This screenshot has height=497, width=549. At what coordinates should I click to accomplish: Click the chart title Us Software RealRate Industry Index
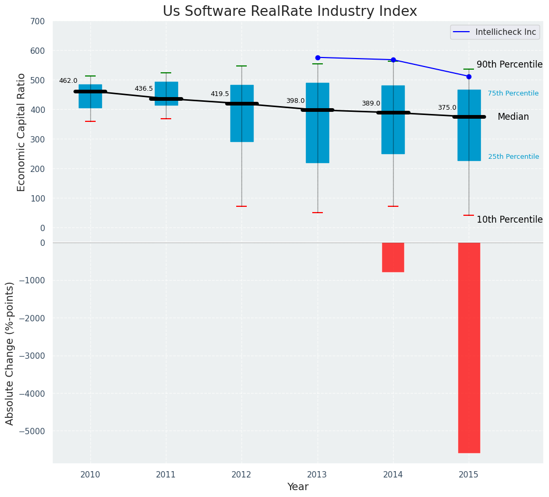(x=290, y=12)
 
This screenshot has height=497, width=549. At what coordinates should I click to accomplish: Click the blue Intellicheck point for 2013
(x=318, y=58)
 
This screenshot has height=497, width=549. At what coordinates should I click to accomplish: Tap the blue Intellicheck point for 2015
(x=469, y=77)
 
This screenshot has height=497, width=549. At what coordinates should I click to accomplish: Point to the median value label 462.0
(x=68, y=81)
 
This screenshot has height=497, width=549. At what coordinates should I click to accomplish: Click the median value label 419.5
(x=220, y=94)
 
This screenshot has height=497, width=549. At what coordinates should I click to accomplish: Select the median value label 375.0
(x=447, y=108)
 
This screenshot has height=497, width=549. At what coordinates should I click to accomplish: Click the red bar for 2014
(x=393, y=257)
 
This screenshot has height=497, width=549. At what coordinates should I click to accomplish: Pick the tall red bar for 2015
(x=469, y=348)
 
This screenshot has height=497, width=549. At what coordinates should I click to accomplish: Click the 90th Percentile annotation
(x=509, y=64)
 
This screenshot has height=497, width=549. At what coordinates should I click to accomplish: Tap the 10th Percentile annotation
(x=509, y=219)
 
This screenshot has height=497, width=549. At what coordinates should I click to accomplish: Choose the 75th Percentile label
(x=513, y=93)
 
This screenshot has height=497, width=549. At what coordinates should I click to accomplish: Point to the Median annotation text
(x=513, y=117)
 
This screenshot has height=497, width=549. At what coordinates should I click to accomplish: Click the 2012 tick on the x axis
(x=241, y=475)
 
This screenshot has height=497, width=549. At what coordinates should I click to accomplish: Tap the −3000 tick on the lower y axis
(x=32, y=356)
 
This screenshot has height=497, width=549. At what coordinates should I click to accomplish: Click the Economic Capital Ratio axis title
(x=22, y=132)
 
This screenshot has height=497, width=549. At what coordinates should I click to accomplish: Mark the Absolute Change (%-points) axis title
(x=10, y=353)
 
